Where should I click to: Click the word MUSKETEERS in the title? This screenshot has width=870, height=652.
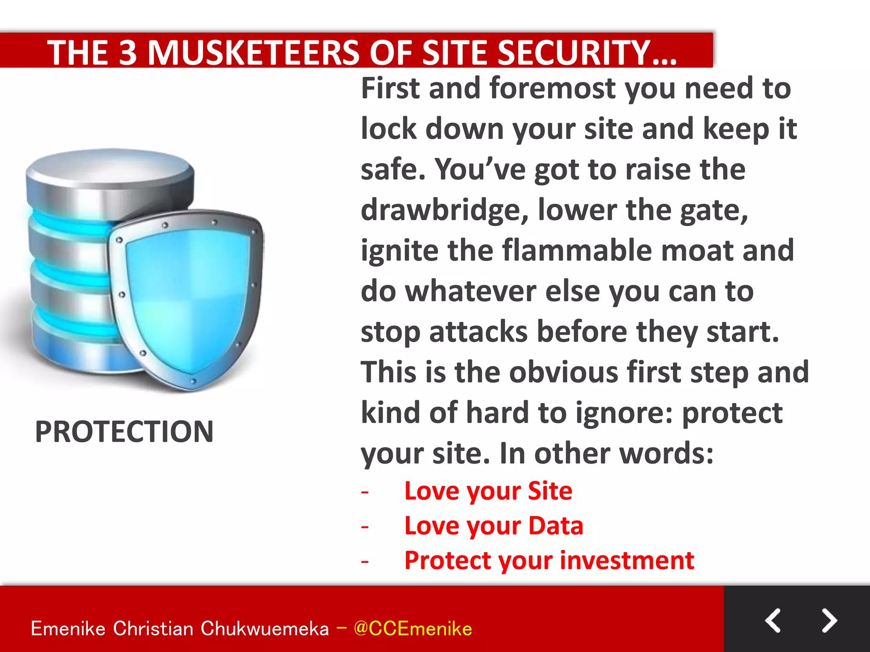pos(254,53)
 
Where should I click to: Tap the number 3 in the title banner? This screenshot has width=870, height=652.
pos(128,53)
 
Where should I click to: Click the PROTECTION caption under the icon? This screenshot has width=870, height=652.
pos(124,432)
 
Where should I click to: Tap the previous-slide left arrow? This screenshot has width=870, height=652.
pos(773,621)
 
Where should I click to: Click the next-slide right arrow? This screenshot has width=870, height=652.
pos(829,621)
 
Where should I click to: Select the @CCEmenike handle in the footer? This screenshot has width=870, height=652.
pos(412,629)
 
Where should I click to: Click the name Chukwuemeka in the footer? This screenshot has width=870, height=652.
pos(264,629)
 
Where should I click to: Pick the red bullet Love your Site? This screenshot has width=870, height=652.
pos(488,491)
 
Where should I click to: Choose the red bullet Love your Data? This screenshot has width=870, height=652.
pos(494,526)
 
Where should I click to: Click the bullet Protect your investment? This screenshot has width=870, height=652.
pos(549,561)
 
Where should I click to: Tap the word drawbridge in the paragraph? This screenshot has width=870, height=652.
pos(444,210)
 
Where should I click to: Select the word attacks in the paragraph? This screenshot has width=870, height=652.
pos(478,332)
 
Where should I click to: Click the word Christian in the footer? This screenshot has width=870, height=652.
pos(153,629)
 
